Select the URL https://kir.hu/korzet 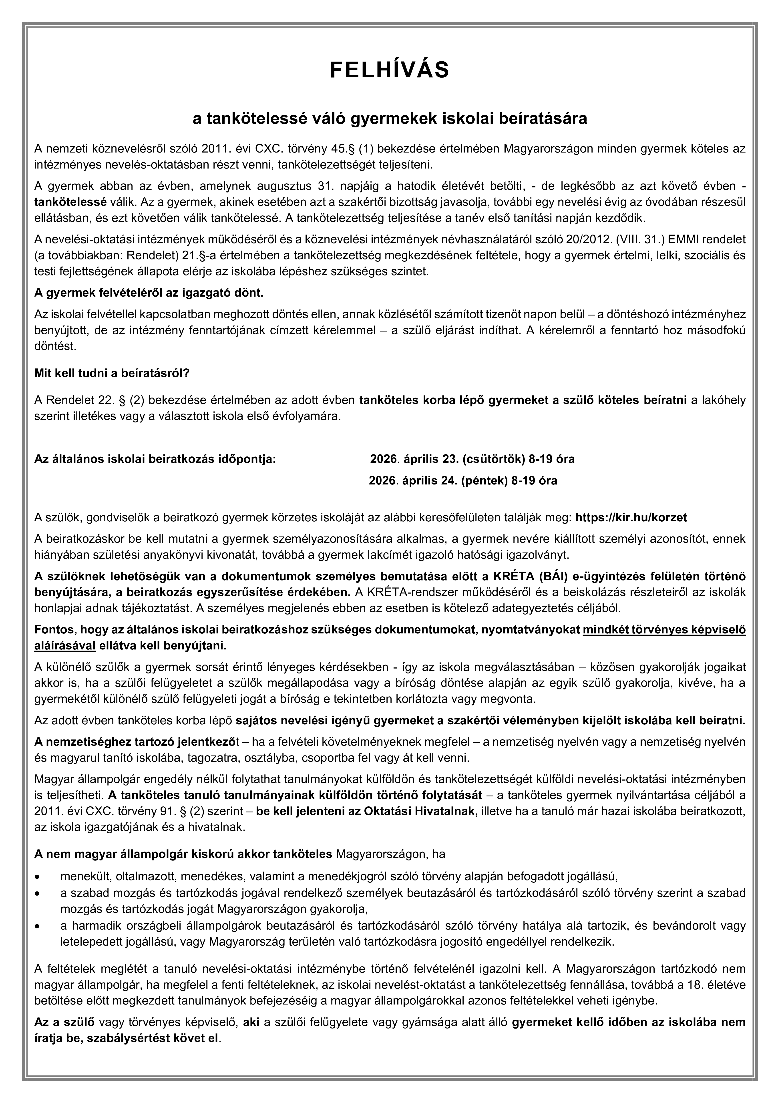[x=631, y=517]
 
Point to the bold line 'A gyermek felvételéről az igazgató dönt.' [x=149, y=293]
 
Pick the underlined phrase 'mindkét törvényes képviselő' [x=664, y=630]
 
